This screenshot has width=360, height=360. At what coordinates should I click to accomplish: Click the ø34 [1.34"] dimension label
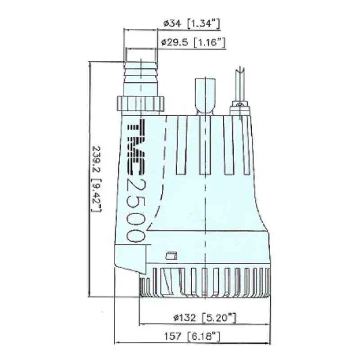tap(192, 23)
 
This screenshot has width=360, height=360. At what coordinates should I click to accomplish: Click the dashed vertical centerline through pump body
tap(206, 202)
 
